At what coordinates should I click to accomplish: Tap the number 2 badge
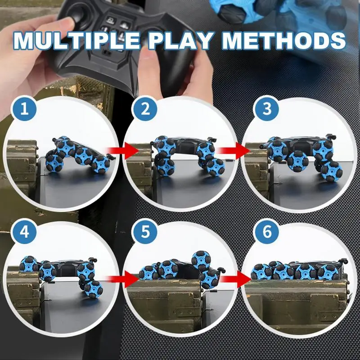145,109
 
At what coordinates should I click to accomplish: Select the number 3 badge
266,109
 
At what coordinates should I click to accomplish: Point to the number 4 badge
25,232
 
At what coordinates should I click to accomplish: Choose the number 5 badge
145,232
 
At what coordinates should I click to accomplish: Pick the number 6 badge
266,232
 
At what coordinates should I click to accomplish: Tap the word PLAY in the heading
180,41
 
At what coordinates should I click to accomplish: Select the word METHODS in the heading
283,40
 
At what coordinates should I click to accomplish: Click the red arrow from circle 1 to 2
123,151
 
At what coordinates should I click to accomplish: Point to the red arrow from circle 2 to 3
234,151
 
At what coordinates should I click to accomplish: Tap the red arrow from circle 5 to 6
235,279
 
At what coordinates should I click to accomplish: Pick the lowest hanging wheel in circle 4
94,289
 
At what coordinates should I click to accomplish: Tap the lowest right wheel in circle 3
332,171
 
